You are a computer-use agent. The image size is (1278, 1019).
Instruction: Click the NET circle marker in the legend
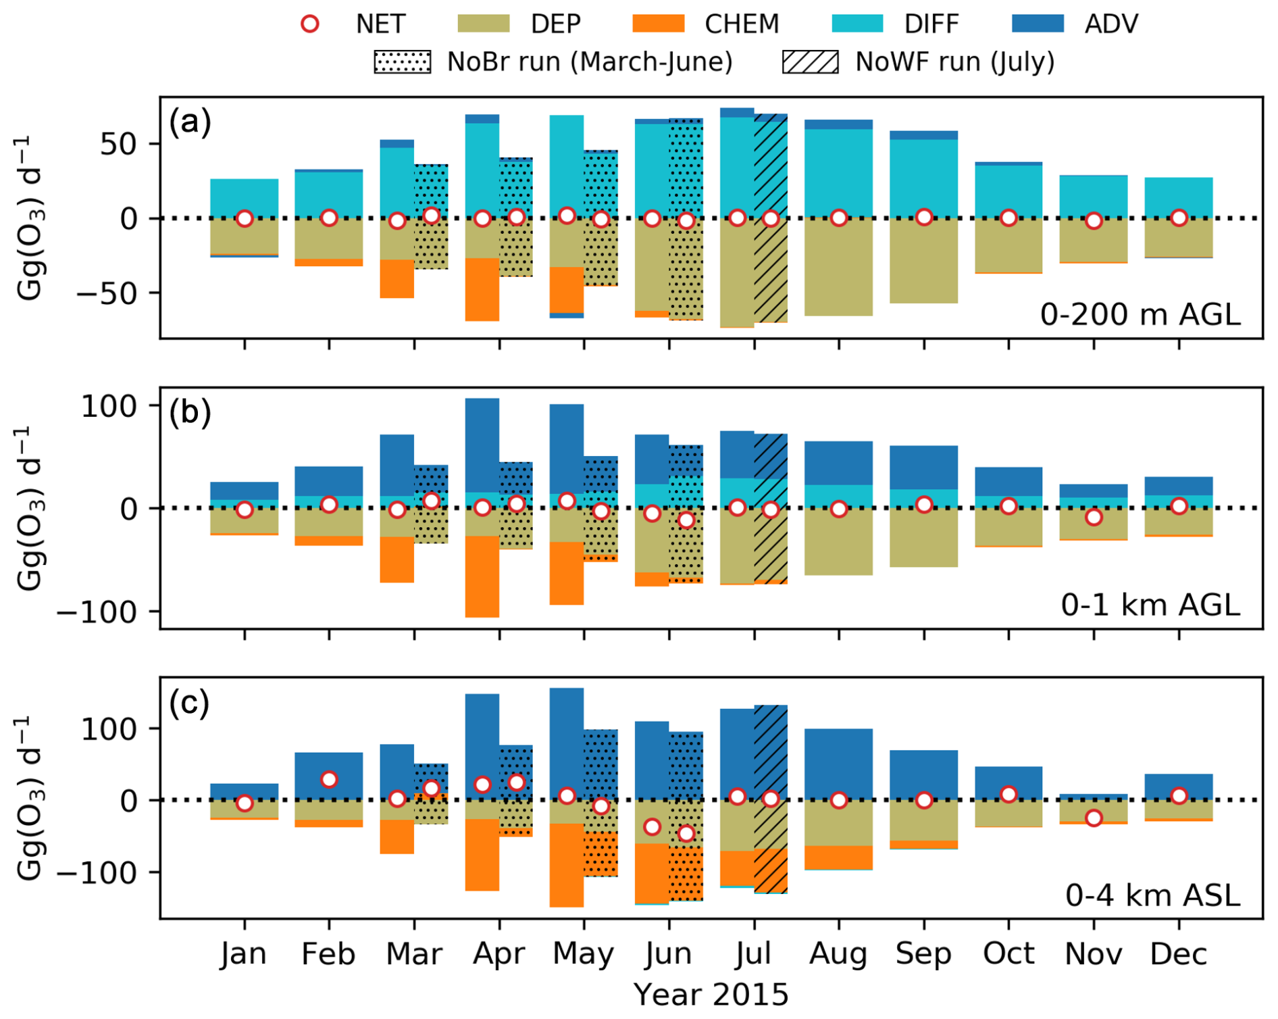310,24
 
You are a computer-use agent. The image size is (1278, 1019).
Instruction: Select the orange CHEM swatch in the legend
658,24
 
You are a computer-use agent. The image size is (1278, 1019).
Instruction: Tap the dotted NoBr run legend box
403,61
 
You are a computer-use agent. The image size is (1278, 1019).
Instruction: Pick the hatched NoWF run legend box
810,61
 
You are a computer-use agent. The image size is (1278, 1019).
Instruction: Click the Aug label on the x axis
838,953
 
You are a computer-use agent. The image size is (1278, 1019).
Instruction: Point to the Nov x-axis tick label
1093,953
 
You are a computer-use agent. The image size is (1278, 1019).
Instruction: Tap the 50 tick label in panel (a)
119,144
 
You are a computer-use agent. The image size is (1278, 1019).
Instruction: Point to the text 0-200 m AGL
1140,315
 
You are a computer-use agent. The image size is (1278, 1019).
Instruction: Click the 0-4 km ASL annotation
1152,895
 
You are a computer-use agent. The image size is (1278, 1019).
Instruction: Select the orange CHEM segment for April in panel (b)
482,576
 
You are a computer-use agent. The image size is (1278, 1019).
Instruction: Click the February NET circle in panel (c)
329,779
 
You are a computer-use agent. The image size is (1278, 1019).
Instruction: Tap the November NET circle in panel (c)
1094,818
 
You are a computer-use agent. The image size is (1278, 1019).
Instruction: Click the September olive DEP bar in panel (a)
923,260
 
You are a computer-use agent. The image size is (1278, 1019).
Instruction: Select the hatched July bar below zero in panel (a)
771,270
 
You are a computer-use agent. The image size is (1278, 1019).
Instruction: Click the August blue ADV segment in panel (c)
838,764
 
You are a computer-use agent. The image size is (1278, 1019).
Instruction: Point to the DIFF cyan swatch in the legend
857,24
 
